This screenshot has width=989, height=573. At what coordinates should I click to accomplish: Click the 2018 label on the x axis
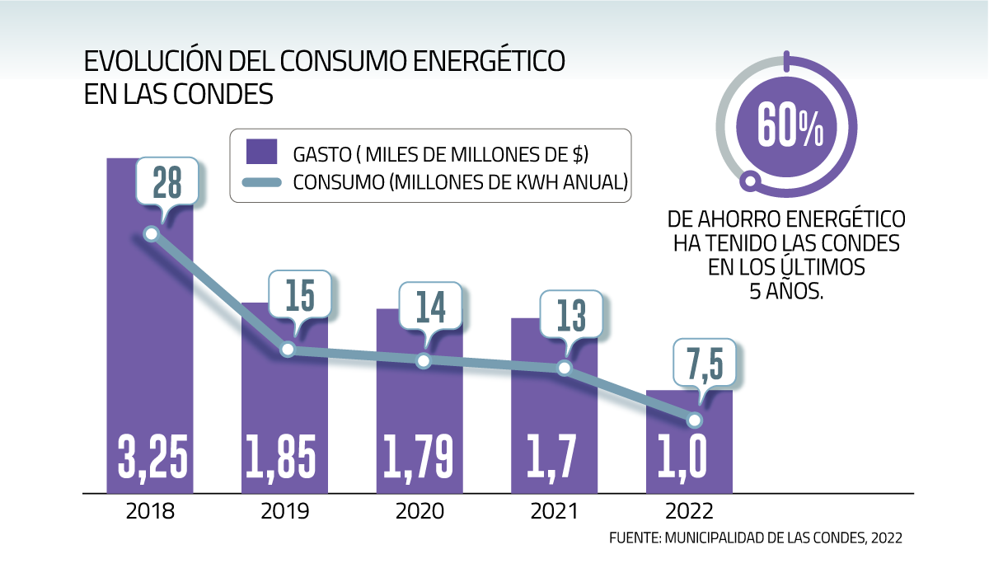tap(150, 511)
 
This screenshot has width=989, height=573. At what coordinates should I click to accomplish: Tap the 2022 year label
tap(691, 511)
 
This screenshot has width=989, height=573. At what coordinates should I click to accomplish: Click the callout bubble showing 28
tap(167, 182)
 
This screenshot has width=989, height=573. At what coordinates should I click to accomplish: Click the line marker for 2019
tap(288, 350)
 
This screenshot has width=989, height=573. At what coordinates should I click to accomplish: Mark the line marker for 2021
tap(564, 368)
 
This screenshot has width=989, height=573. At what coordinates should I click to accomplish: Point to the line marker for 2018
tap(151, 234)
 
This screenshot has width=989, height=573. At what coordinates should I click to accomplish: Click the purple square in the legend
tap(260, 153)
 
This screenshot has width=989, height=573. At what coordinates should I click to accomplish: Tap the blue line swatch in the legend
tap(260, 181)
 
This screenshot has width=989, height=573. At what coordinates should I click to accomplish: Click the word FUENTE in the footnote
tap(633, 538)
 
